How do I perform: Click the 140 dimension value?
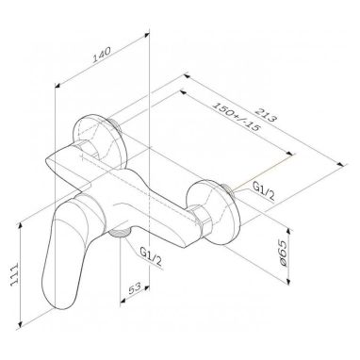click(102, 56)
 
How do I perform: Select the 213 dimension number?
click(266, 115)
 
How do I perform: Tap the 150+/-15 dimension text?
click(236, 117)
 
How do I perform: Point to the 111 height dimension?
click(15, 274)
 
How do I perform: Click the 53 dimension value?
click(135, 289)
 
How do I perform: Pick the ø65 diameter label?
click(284, 254)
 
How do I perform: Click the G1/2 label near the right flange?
click(264, 191)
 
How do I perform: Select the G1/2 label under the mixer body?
click(151, 256)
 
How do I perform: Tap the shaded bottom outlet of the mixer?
click(120, 233)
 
